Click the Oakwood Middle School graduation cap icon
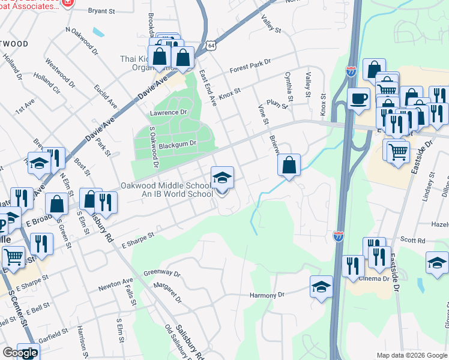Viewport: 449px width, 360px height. (222, 178)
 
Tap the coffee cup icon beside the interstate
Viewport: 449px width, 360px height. (358, 99)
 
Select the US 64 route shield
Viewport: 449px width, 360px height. (211, 45)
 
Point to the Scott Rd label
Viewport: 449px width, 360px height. (413, 240)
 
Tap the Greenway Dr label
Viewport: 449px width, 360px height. (162, 273)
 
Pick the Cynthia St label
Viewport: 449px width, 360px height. (289, 87)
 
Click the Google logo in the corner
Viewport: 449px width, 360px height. (20, 353)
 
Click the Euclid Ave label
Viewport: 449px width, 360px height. (106, 95)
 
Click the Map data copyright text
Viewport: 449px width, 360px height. (411, 355)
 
